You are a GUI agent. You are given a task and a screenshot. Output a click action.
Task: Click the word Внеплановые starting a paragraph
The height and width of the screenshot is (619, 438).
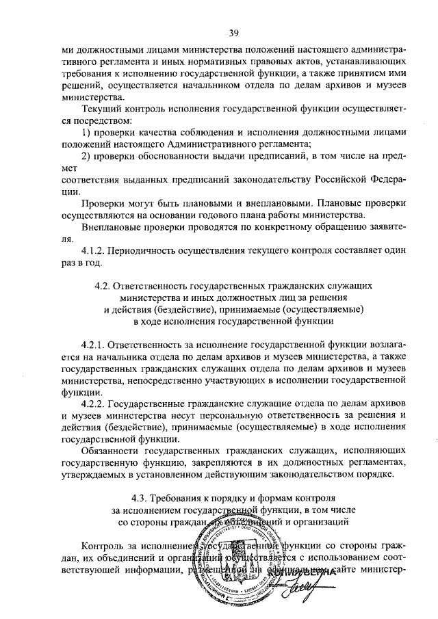[x=110, y=226]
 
